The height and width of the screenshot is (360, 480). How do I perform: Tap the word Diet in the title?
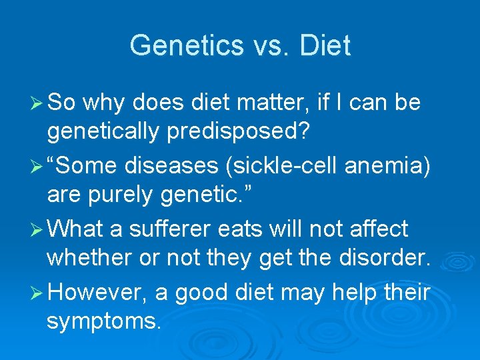325,46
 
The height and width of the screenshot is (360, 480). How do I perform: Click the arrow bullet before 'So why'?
37,103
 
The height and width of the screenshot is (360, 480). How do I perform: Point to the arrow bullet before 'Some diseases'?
37,166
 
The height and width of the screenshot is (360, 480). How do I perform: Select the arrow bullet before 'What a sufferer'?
37,229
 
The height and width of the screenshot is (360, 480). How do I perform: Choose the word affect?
375,229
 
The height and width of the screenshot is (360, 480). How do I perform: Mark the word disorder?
387,258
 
